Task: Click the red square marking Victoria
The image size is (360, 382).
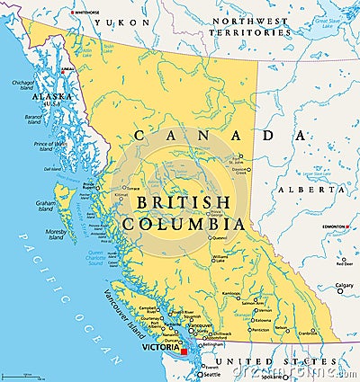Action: [184, 351]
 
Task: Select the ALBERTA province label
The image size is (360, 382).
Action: [300, 191]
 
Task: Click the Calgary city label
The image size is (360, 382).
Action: [345, 286]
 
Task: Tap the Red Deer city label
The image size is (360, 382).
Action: [345, 263]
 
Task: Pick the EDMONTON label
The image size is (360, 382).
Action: [335, 227]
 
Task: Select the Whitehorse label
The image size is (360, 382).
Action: [86, 13]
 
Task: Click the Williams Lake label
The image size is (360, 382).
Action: [220, 258]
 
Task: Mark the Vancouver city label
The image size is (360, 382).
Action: [203, 325]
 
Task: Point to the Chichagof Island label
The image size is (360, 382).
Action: [22, 86]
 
